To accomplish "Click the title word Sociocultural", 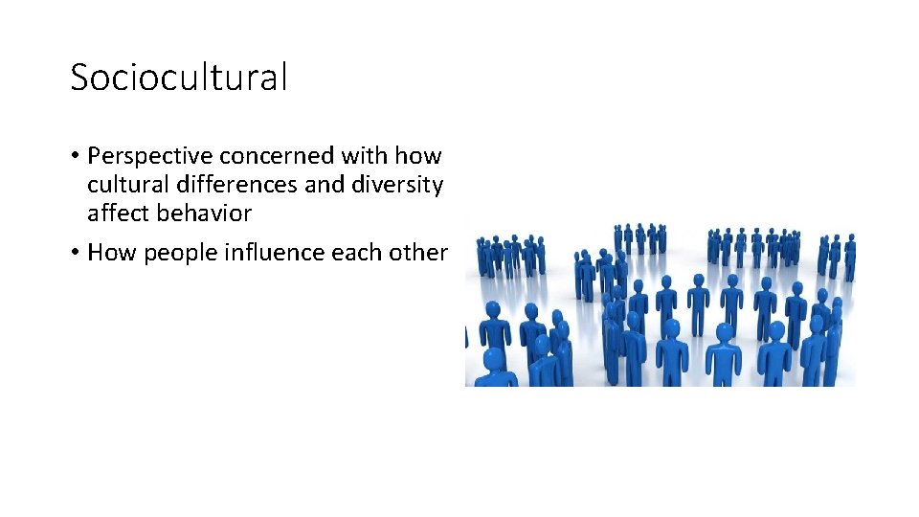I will [178, 78].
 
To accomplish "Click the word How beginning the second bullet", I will [107, 253].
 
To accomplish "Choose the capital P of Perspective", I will [93, 156].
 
